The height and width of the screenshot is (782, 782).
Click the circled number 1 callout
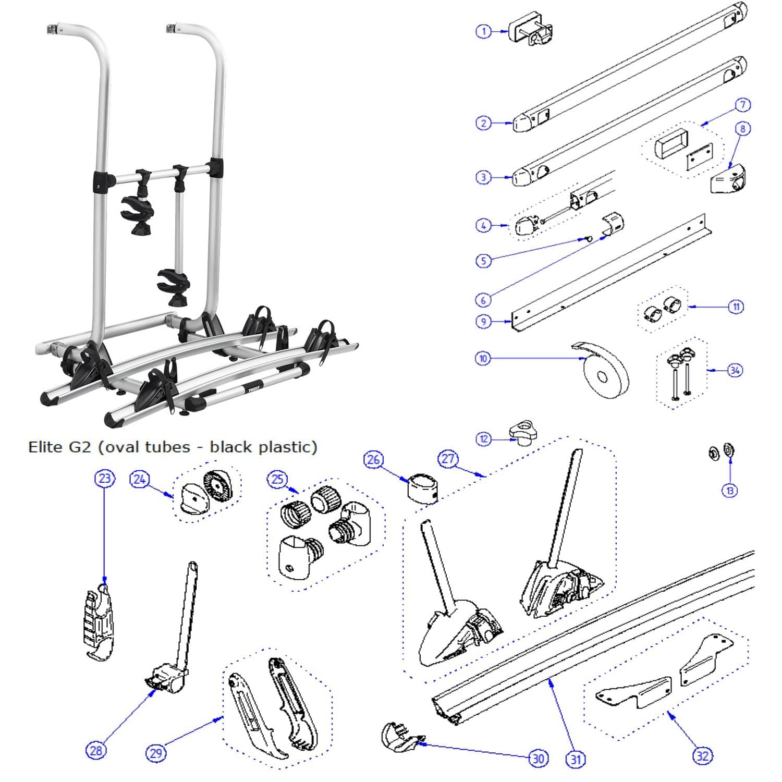[483, 32]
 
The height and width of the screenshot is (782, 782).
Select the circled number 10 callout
[483, 359]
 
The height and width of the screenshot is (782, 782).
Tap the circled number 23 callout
[105, 478]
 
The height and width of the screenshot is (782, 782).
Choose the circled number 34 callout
[735, 370]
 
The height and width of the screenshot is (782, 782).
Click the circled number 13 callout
[730, 490]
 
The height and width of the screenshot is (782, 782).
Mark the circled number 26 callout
[373, 459]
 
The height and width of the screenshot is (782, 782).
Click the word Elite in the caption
[45, 447]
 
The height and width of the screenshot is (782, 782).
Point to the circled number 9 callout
[483, 321]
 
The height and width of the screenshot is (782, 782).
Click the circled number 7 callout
[743, 105]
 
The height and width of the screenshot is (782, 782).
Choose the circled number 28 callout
[96, 751]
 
